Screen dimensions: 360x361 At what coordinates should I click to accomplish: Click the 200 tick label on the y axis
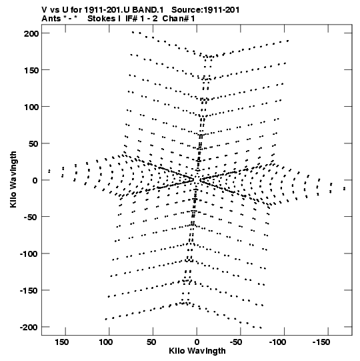tap(31, 33)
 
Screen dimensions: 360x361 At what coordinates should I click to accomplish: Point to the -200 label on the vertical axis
tap(29, 327)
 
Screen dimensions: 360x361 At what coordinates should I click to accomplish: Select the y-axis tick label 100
tap(31, 107)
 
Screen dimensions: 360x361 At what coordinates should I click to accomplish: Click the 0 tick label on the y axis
tap(35, 180)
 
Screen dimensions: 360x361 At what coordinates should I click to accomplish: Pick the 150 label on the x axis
tap(62, 342)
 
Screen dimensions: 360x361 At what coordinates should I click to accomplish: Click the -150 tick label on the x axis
tap(321, 342)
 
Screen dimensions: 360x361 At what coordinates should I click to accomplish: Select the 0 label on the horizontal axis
tap(197, 342)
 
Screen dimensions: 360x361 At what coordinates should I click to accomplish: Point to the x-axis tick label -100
tap(277, 342)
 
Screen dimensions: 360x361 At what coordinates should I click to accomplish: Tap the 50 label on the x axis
tap(151, 342)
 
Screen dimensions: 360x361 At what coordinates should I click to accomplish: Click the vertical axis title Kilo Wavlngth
tap(13, 179)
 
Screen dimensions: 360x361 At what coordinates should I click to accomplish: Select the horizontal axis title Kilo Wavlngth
tap(197, 351)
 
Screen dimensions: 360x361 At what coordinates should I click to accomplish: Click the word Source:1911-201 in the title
tap(205, 10)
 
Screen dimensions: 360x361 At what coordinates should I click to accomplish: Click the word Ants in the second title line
tap(51, 19)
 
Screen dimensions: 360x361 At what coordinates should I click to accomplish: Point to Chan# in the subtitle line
tap(176, 19)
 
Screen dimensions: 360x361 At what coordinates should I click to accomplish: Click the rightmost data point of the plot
tap(345, 189)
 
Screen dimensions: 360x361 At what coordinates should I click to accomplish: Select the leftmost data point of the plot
tap(49, 171)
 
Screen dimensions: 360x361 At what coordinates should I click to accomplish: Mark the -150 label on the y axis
tap(29, 291)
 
